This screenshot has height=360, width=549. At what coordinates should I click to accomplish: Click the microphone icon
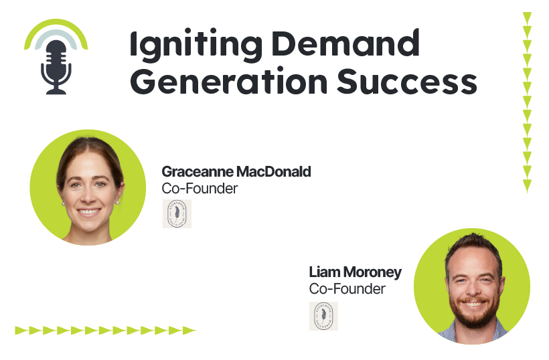56,64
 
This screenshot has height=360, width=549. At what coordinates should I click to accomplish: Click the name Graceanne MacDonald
236,172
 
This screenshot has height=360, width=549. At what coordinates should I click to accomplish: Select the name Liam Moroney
355,272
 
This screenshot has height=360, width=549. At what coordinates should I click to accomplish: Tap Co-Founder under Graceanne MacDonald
200,189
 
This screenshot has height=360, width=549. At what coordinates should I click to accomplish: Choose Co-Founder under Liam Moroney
347,289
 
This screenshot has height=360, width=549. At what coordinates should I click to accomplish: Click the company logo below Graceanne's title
177,213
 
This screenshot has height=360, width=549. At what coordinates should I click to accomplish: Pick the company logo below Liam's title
323,316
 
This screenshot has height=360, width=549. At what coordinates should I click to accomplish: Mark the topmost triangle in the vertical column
527,17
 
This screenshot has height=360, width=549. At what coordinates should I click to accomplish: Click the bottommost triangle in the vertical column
527,185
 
